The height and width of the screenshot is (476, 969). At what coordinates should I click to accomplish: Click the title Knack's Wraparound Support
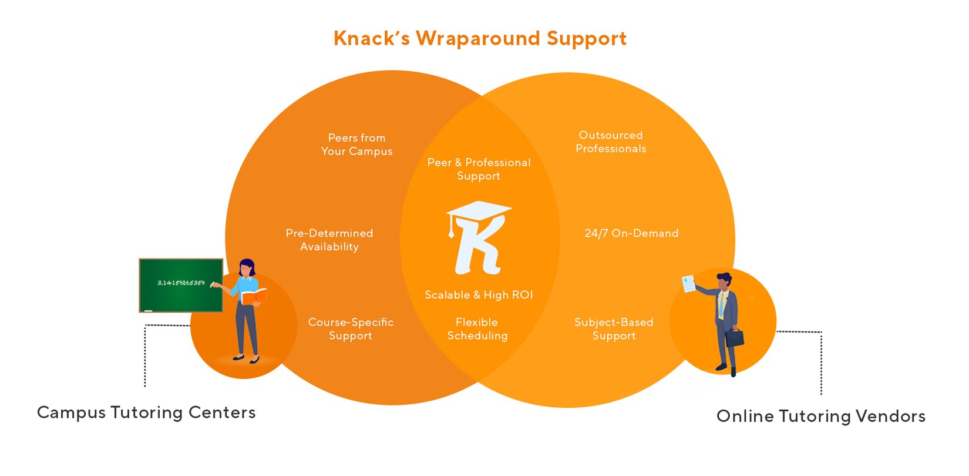pos(480,39)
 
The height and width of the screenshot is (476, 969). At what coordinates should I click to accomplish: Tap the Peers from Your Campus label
pos(356,145)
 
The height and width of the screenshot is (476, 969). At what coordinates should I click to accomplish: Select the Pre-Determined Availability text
pos(329,240)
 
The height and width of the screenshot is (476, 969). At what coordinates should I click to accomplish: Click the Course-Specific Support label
pos(351,329)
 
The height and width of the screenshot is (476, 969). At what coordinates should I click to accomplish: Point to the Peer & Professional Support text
pos(479,169)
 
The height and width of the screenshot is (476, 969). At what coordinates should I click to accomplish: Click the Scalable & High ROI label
pos(479,295)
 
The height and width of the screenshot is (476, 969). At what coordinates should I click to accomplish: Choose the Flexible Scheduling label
pos(477,329)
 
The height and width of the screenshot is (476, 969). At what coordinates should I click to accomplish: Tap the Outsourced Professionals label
pos(611,142)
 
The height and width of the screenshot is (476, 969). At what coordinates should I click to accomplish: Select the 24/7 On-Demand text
pos(631,233)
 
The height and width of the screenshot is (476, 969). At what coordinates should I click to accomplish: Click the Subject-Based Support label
pos(614,329)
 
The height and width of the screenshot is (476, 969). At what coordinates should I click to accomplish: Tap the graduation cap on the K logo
pos(479,210)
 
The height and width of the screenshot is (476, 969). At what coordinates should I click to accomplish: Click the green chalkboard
pos(181,286)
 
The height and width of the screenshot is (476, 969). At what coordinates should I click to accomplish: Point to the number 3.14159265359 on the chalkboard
pos(181,283)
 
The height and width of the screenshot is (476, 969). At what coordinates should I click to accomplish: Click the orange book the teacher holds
pos(254,297)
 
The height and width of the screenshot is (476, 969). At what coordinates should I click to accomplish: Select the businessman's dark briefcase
pos(734,338)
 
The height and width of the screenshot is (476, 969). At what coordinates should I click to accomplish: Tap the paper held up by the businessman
pos(688,284)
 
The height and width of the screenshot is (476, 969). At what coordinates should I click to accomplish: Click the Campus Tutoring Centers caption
pos(146,413)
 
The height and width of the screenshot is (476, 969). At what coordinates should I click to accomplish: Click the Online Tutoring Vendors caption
pos(821,416)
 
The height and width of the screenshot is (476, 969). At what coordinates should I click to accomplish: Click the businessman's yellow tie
pos(721,306)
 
